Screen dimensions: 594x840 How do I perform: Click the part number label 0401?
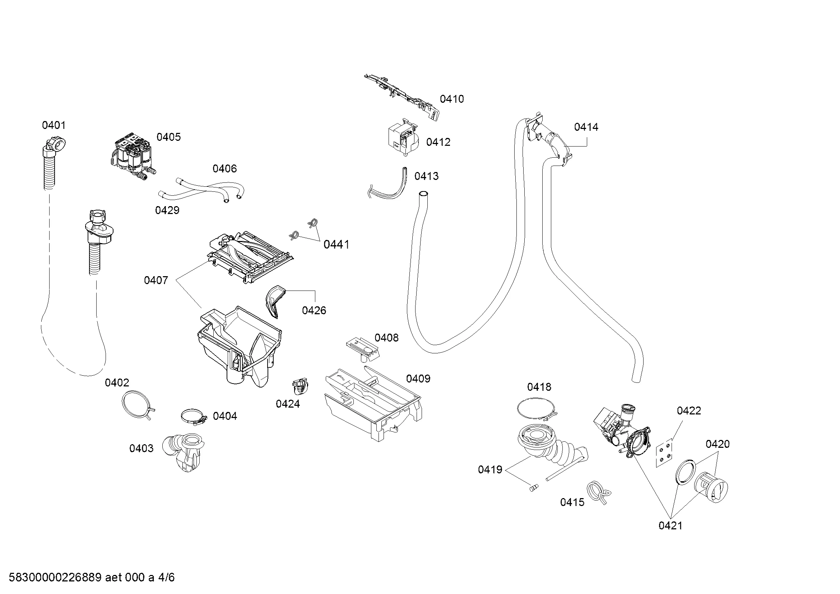pyautogui.click(x=54, y=125)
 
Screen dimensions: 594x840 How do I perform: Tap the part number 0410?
pyautogui.click(x=451, y=99)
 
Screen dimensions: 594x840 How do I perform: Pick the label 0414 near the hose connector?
pyautogui.click(x=586, y=127)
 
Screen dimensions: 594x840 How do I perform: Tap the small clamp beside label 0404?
pyautogui.click(x=193, y=417)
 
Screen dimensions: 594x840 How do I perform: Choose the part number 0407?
pyautogui.click(x=156, y=280)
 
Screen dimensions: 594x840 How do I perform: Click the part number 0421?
pyautogui.click(x=670, y=526)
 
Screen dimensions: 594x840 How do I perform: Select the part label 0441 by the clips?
pyautogui.click(x=336, y=244)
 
